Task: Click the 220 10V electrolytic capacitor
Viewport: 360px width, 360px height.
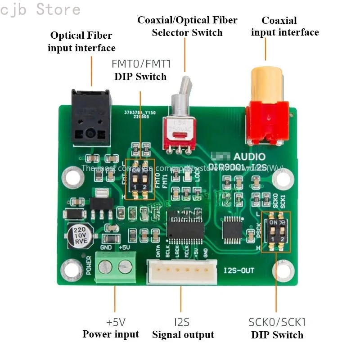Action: [80, 235]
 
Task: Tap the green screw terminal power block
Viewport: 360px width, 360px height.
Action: [115, 268]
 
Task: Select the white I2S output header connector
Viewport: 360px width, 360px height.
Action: [182, 272]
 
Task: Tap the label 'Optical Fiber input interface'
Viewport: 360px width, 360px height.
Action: [81, 41]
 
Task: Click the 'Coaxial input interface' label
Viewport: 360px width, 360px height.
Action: [285, 26]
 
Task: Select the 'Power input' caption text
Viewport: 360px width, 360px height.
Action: [111, 334]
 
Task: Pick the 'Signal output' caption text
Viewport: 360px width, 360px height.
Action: [183, 334]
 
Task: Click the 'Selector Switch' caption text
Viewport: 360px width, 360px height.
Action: [187, 32]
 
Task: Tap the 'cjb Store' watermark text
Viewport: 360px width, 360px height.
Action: [40, 9]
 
